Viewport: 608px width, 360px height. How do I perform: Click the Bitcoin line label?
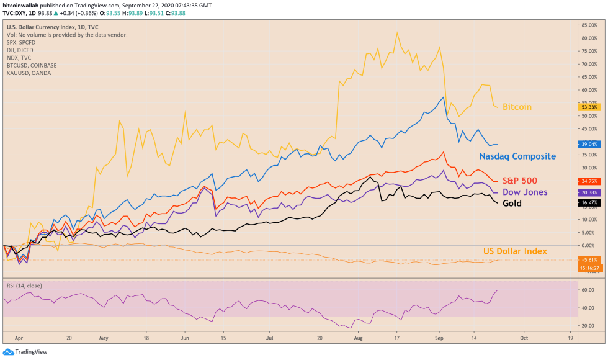(517, 107)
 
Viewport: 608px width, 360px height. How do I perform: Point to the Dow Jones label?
(524, 192)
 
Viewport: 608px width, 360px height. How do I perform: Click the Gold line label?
(512, 204)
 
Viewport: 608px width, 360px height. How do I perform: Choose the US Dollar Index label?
(515, 251)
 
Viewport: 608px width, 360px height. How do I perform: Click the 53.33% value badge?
(588, 107)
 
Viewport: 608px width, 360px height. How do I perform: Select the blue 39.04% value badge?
(588, 144)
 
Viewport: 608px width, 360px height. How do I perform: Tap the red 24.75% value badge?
(588, 181)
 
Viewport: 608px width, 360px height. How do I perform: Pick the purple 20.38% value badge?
(588, 192)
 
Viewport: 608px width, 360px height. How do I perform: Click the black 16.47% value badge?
(588, 203)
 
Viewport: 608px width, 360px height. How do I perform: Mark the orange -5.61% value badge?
(588, 260)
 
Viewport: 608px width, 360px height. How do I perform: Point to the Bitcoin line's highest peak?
(397, 32)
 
